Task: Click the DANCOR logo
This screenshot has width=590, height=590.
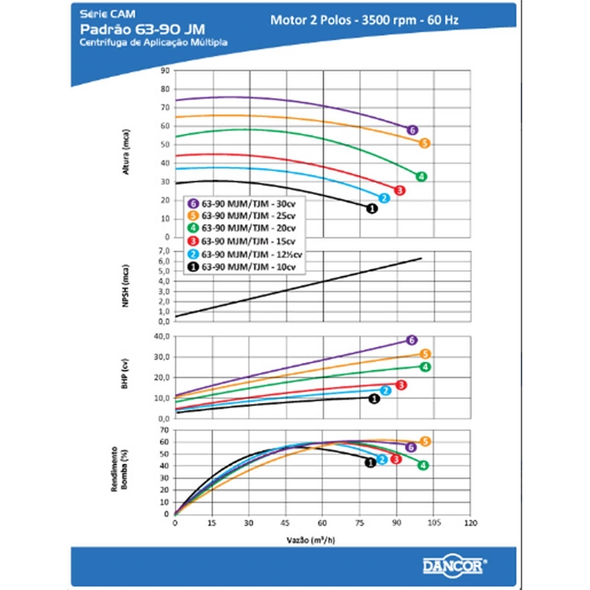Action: click(x=455, y=565)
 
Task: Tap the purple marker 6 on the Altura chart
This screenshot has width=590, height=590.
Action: click(x=412, y=131)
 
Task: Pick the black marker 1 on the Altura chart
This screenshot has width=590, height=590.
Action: click(x=373, y=208)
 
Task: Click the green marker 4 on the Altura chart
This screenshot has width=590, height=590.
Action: click(x=421, y=176)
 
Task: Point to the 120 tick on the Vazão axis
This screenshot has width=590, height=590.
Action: click(x=470, y=524)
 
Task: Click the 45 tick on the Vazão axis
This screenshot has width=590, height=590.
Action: click(x=285, y=524)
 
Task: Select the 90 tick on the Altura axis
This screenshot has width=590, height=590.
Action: click(x=164, y=70)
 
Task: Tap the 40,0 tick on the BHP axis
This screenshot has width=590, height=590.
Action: click(x=161, y=336)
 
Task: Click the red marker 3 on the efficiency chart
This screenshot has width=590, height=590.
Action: click(x=395, y=459)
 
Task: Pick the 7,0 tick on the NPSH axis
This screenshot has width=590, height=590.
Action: click(x=163, y=251)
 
